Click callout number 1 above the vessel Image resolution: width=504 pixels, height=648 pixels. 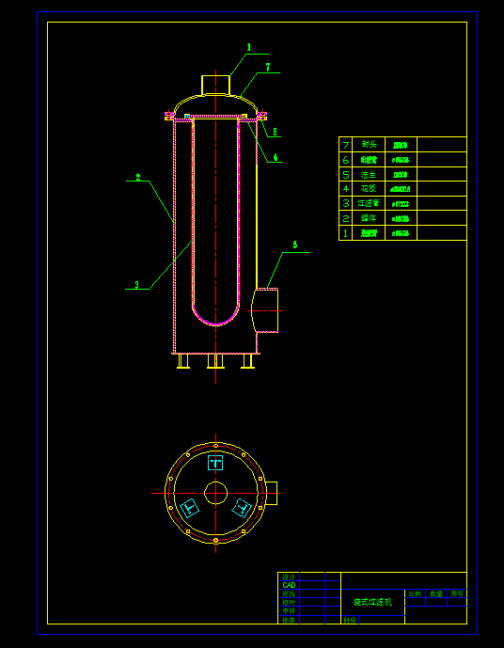point(249,47)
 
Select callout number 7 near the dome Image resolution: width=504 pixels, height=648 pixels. point(267,68)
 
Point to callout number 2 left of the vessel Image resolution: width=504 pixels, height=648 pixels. point(138,177)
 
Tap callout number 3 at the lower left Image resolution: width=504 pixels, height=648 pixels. point(137,284)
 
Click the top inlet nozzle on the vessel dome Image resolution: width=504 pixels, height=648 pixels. point(216,85)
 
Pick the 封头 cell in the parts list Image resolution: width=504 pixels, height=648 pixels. point(369,145)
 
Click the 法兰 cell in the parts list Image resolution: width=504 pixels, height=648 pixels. point(369,174)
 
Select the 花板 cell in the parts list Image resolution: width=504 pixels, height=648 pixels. point(369,189)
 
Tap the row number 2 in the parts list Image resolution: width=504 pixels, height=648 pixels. point(346,218)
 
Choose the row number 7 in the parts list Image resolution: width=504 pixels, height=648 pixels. point(346,145)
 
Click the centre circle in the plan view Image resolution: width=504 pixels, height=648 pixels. point(216,492)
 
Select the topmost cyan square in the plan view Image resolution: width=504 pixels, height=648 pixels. point(215,462)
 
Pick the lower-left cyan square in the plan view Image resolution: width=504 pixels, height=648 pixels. point(190,508)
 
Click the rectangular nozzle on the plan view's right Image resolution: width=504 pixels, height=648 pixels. point(272,492)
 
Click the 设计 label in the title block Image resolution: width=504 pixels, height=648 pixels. point(289,577)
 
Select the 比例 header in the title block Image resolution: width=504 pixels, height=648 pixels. point(415,594)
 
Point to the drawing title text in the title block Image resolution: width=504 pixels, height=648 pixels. point(371,600)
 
